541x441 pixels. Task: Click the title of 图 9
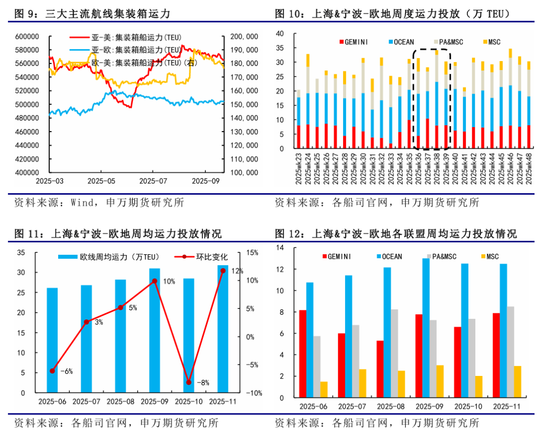coord(100,14)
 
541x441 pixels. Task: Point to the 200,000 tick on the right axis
coord(244,37)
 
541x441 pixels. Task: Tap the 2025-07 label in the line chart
coord(153,180)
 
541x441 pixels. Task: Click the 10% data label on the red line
coord(169,282)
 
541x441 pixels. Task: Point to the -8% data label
coord(202,383)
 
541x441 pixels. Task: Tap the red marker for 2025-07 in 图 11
coord(86,322)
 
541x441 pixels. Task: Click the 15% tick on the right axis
coord(251,252)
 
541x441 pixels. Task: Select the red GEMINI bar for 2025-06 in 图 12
coord(303,354)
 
